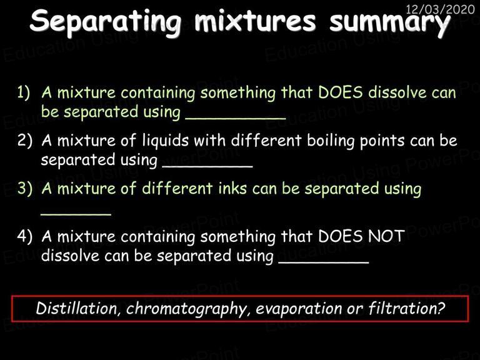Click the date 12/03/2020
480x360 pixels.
pos(440,9)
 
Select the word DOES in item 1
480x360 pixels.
pos(341,92)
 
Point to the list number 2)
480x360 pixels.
pos(24,140)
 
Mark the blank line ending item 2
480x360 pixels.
pos(207,166)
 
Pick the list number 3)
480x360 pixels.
pos(24,188)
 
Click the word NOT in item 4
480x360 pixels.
pos(386,236)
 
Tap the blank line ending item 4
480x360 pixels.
pos(324,262)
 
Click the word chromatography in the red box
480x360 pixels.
pos(186,309)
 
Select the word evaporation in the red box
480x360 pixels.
pos(299,309)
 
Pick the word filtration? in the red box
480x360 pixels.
pos(406,308)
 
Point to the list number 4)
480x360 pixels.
pos(24,236)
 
